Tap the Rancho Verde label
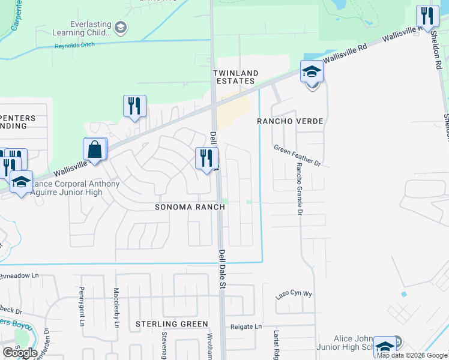(x=290, y=121)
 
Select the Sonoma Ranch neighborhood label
(x=190, y=207)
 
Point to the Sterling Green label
(x=171, y=324)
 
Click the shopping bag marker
(x=95, y=149)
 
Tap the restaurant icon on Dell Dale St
(x=206, y=159)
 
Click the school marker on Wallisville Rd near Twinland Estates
(x=312, y=73)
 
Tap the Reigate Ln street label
(x=247, y=326)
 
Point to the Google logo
(x=20, y=353)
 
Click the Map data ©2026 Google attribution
(x=412, y=355)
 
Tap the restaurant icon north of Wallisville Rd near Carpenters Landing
(x=134, y=106)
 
